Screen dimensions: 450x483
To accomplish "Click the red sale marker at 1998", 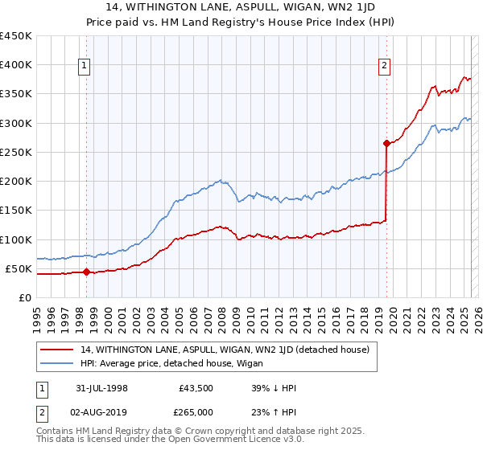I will [86, 272].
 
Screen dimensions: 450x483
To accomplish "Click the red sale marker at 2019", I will [386, 144].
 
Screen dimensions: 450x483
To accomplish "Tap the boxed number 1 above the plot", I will [85, 66].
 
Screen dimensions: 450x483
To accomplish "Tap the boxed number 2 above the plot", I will [385, 66].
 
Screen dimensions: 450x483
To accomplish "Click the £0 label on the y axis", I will [24, 297].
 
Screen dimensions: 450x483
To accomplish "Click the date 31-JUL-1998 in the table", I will [97, 387].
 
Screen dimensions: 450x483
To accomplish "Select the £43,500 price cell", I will [195, 387].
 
